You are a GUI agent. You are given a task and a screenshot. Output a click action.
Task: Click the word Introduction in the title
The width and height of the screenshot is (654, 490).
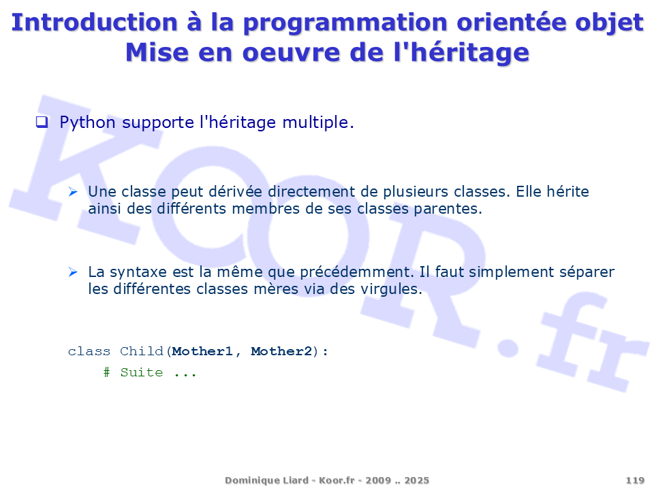pos(95,22)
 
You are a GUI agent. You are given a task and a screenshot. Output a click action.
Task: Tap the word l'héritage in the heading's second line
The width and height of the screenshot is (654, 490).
pos(461,53)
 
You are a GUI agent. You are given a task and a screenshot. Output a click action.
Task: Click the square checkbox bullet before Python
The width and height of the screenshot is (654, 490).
pos(42,122)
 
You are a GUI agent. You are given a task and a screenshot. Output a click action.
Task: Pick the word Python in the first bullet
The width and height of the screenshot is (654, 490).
pos(88,123)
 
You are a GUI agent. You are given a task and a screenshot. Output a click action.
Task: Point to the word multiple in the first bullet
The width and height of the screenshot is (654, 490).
pos(318,123)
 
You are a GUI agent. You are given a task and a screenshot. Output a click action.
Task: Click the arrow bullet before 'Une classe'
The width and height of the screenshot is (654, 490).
pos(73,192)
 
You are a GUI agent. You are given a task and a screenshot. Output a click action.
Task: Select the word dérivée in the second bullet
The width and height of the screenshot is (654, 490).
pos(236,192)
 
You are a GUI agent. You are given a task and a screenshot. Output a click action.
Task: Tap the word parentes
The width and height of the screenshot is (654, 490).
pos(448,209)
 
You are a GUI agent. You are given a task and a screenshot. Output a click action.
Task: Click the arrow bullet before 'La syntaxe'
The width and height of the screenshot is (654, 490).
pos(73,272)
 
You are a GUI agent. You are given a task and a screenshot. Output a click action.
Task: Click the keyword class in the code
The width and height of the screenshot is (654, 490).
pos(89,352)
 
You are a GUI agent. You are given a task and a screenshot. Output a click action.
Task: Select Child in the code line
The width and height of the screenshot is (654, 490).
pos(142,352)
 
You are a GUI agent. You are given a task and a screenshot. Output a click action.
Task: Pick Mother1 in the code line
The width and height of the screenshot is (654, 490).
pos(202,352)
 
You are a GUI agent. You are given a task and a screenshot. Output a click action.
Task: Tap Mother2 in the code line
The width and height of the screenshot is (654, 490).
pos(281,352)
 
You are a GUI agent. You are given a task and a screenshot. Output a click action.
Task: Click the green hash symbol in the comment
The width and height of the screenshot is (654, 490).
pos(107,372)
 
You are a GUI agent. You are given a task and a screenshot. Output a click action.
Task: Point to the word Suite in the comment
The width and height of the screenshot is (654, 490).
pos(142,372)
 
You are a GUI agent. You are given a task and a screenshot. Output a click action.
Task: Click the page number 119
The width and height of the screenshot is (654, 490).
pos(635,480)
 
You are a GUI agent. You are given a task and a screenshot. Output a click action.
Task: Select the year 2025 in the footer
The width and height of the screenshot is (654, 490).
pos(417,480)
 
